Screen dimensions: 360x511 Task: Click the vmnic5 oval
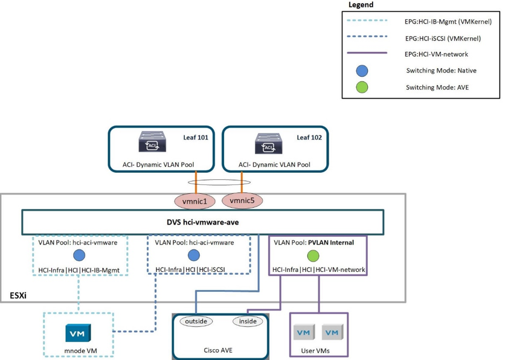tap(242, 199)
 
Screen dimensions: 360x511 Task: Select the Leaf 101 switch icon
tap(148, 143)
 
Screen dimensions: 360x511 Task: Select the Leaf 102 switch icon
tap(263, 143)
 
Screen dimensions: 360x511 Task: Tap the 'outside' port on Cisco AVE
tap(196, 321)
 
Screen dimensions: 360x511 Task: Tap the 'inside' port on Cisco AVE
tap(248, 321)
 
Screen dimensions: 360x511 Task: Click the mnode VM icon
tap(78, 333)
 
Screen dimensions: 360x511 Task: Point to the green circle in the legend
tap(362, 87)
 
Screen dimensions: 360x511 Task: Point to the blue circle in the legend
tap(362, 71)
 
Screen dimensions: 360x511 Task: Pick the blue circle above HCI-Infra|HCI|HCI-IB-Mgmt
tap(79, 256)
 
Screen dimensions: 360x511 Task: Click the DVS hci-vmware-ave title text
tap(202, 222)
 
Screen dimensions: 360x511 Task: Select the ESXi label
tap(18, 296)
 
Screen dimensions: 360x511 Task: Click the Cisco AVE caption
tap(218, 350)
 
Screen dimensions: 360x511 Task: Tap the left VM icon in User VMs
tap(303, 332)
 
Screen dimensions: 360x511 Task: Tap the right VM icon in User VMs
tap(331, 332)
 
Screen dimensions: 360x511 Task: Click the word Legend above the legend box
tap(361, 5)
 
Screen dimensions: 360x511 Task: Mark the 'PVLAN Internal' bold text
tap(330, 242)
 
